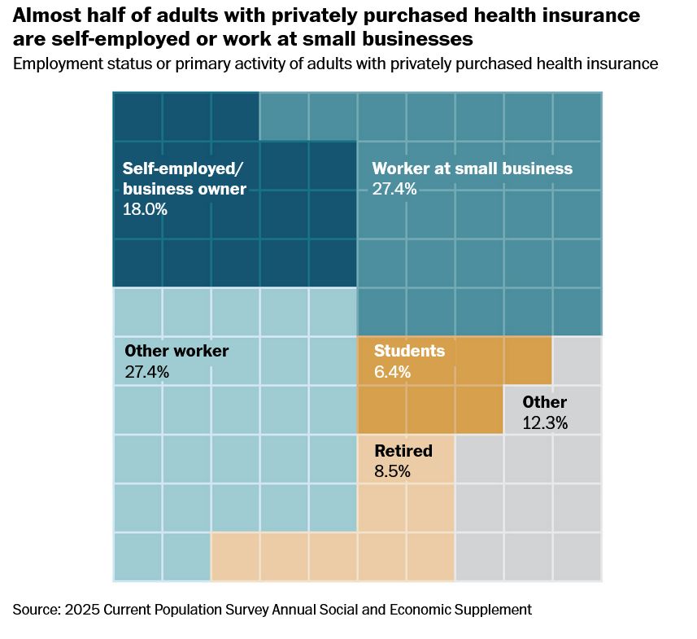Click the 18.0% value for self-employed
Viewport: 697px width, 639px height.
(x=145, y=209)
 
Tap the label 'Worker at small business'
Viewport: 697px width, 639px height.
(x=472, y=169)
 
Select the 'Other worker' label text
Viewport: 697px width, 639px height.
(x=176, y=352)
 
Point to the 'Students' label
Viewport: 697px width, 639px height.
(x=409, y=352)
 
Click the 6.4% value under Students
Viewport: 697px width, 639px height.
(x=393, y=372)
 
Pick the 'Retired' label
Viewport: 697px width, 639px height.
(x=403, y=451)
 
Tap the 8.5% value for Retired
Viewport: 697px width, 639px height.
(x=392, y=471)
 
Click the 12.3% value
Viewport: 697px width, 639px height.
(x=545, y=423)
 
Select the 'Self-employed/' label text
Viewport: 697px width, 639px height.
(x=182, y=169)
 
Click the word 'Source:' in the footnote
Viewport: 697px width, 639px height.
(x=38, y=610)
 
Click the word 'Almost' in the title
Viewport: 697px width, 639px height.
(x=46, y=15)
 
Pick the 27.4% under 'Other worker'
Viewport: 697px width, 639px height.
(x=146, y=372)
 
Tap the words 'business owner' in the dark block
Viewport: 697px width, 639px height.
(x=184, y=189)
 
